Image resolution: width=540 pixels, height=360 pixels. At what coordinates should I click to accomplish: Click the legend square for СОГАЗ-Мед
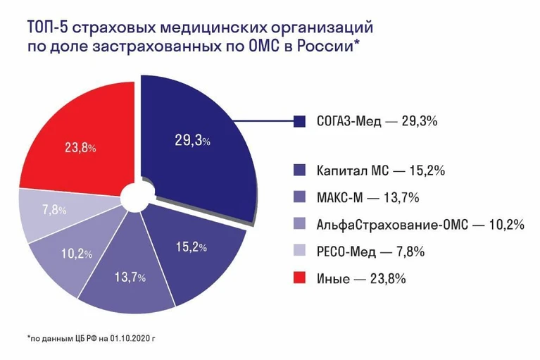(x=299, y=121)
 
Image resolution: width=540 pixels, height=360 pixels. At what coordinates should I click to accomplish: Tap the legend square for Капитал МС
(x=299, y=170)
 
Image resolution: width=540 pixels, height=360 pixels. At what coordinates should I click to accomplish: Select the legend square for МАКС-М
(x=299, y=197)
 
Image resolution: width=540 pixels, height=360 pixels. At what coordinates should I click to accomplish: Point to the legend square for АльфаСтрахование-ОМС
(x=299, y=224)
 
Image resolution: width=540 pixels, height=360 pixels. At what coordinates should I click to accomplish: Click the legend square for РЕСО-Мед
(x=299, y=251)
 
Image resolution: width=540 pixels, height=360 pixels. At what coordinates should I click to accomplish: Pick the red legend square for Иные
(x=299, y=278)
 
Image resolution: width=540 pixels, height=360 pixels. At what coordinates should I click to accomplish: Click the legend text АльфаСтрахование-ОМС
(x=392, y=225)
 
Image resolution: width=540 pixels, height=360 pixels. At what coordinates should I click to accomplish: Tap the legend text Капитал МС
(x=353, y=170)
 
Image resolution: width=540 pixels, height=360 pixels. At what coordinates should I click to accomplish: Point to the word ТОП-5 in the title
(x=48, y=27)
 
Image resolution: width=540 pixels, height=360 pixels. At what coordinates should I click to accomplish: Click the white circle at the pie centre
(x=137, y=197)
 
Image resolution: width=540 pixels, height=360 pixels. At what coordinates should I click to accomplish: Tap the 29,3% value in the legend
(x=420, y=121)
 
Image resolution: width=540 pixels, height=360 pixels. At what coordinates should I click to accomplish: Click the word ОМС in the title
(x=263, y=46)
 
